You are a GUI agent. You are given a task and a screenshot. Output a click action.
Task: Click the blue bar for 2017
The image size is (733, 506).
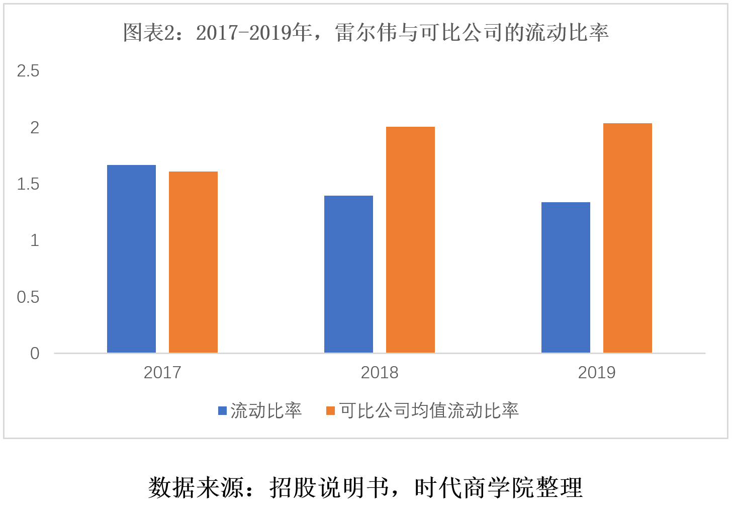(131, 259)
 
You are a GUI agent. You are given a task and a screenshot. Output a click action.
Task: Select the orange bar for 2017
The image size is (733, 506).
(193, 262)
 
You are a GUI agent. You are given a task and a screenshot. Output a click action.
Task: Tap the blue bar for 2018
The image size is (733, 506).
(348, 274)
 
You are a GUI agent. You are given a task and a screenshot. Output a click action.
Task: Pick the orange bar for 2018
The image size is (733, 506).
(410, 239)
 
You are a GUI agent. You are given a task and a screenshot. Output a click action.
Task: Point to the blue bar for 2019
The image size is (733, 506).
(566, 277)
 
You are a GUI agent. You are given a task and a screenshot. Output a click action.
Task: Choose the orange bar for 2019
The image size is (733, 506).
(627, 238)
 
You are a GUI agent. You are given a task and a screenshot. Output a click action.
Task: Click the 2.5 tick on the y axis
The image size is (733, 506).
(28, 71)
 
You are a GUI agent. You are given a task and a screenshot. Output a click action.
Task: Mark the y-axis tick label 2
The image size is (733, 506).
(34, 128)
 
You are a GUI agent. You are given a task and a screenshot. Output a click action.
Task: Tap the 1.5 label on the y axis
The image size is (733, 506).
(28, 184)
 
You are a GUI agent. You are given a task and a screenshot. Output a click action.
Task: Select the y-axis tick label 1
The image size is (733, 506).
(34, 240)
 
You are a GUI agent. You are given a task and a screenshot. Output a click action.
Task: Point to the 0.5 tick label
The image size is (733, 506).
(28, 297)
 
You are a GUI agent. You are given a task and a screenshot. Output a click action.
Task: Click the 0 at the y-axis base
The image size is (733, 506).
(34, 354)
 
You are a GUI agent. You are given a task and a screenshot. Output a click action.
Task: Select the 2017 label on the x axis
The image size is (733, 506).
(162, 373)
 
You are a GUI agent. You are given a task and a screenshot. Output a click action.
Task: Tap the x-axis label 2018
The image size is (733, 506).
(379, 373)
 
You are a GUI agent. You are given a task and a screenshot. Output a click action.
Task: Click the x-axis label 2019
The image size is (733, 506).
(596, 373)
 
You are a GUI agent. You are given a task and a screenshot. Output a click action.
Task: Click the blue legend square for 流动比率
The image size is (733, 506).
(222, 411)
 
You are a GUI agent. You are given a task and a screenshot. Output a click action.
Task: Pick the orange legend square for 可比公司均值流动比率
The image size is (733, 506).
(330, 411)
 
